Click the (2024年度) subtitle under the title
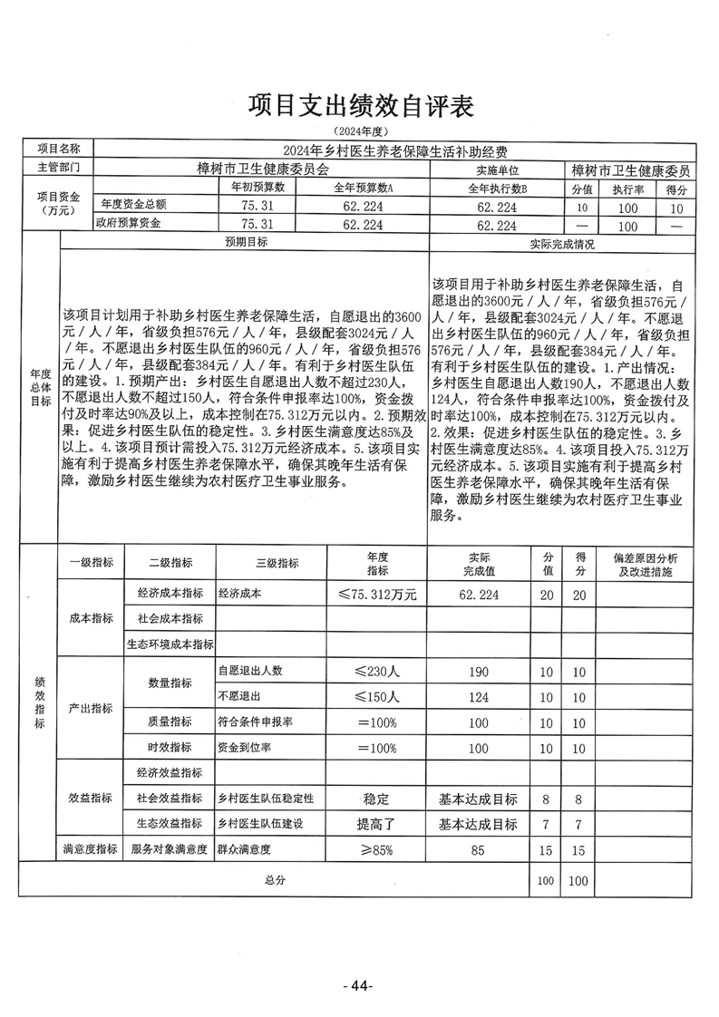360,133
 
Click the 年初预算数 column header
257,188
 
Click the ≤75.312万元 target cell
376,595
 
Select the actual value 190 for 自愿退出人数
478,672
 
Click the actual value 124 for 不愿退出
478,697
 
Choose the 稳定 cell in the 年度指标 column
376,799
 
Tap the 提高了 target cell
376,825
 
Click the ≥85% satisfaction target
376,850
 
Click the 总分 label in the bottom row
275,880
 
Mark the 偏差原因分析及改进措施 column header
646,567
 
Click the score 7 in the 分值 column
546,825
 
